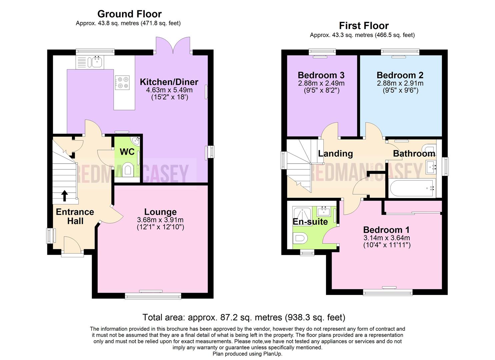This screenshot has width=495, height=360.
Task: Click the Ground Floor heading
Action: click(129, 14)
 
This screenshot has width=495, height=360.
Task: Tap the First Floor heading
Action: click(364, 26)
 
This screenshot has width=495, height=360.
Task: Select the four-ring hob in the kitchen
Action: click(122, 83)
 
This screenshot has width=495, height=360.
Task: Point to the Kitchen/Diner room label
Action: click(169, 82)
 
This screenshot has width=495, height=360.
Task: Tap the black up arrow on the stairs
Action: click(64, 196)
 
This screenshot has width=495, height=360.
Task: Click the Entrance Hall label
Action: click(75, 216)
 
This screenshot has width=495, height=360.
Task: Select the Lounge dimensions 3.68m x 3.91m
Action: click(160, 220)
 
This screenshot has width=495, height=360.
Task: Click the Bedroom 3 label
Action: click(321, 75)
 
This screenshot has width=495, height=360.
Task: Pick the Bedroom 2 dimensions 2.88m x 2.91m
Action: click(400, 83)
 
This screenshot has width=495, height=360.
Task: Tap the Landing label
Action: click(335, 153)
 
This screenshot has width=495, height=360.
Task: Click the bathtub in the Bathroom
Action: click(412, 188)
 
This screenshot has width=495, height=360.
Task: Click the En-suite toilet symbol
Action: click(301, 239)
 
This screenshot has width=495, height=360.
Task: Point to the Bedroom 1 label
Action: click(386, 230)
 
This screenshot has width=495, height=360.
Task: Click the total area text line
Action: click(244, 317)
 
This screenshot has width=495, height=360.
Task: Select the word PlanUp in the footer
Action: click(272, 354)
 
